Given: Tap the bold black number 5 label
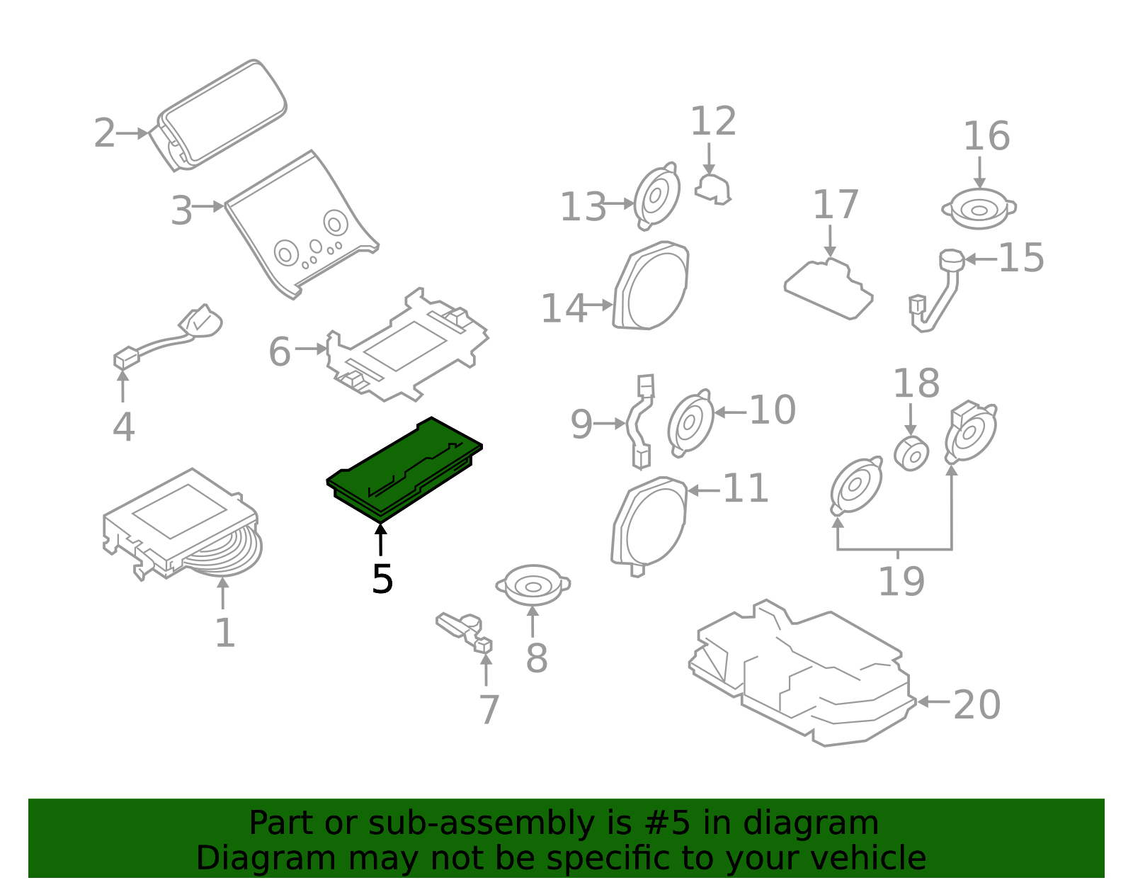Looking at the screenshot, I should pos(382,580).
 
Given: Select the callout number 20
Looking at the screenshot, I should pos(977,705).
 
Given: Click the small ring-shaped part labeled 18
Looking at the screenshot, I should pos(911,454).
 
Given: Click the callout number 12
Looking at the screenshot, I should pos(713,122).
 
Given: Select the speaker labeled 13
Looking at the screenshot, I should pos(656,196).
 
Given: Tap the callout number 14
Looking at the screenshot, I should pos(563,309).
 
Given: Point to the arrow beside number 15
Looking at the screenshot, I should pos(980,259).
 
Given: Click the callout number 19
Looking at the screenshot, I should pos(901,582).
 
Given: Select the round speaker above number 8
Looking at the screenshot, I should pos(533,585).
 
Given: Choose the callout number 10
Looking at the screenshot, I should pos(772,410).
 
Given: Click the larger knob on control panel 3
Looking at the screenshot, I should pos(336,222).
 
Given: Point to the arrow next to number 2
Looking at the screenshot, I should pos(132,133).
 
